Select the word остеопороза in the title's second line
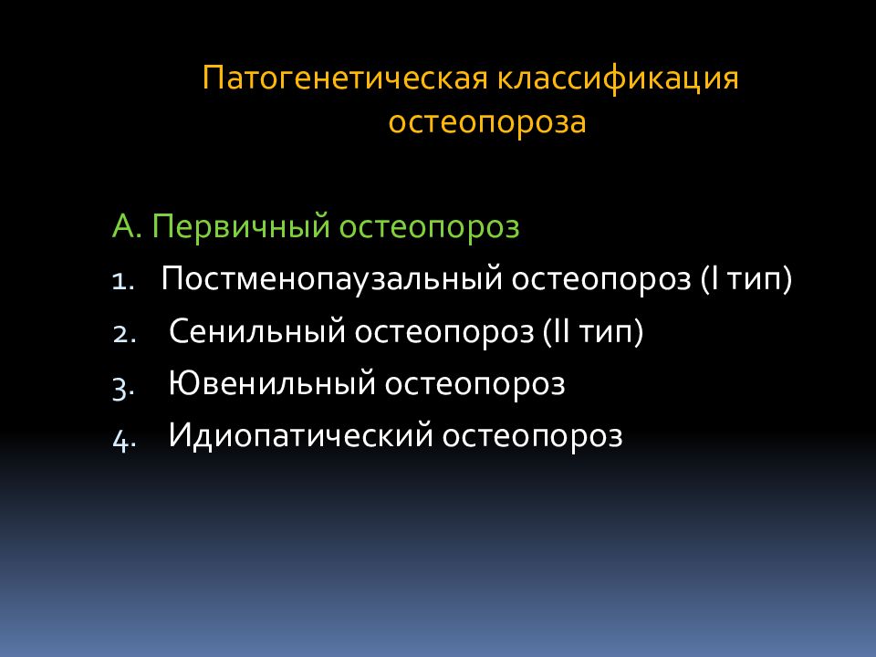coord(487,122)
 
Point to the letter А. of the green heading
coord(126,227)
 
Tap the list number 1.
coord(124,281)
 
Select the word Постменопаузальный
coord(330,279)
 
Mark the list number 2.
coord(125,334)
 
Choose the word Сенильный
coord(256,332)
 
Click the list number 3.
coord(125,387)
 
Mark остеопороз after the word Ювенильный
coord(475,384)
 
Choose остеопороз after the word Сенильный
coord(444,332)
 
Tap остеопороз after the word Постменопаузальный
coord(600,279)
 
